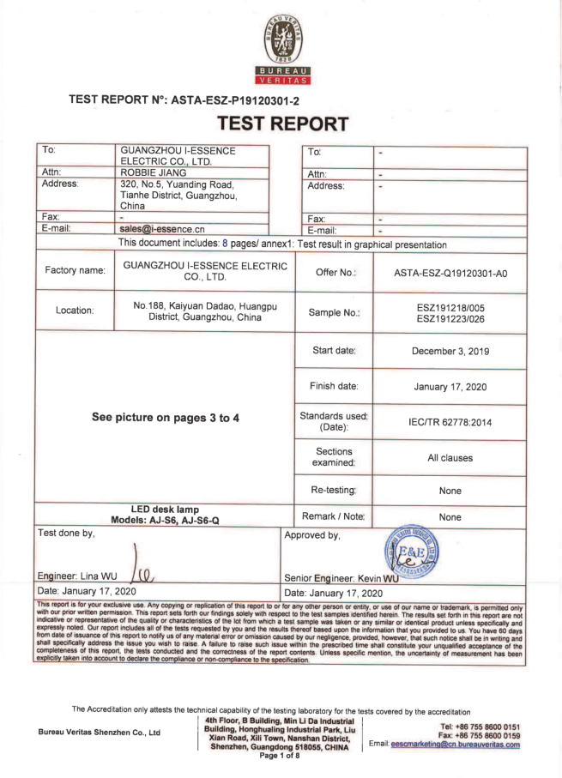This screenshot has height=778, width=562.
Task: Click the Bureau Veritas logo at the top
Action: coord(281,47)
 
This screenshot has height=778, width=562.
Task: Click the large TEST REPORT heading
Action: coord(282,124)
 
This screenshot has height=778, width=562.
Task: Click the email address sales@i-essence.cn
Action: coord(162,228)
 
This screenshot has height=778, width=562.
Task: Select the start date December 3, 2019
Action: coord(450,351)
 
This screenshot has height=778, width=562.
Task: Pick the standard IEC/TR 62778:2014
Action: coord(450,422)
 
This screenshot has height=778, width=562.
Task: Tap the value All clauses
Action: coord(450,457)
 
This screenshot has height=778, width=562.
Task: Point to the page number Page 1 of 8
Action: coord(279,755)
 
